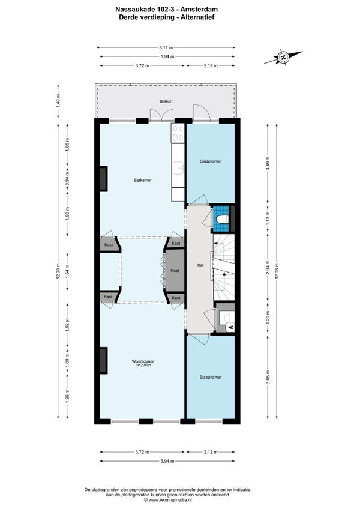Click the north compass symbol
click(x=283, y=58)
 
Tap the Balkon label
click(x=166, y=101)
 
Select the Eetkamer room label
click(x=143, y=180)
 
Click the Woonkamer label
click(x=143, y=361)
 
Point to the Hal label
click(x=200, y=265)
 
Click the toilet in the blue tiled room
click(x=223, y=220)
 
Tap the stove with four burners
click(x=178, y=133)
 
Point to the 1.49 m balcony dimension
click(x=58, y=101)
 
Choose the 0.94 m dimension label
click(x=68, y=178)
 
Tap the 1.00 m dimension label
click(x=68, y=361)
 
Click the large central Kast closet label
click(x=175, y=270)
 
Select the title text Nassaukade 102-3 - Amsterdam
click(x=167, y=10)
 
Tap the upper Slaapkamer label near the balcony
click(x=211, y=161)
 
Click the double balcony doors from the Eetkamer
click(x=161, y=115)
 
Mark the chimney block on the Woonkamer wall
click(x=103, y=360)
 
